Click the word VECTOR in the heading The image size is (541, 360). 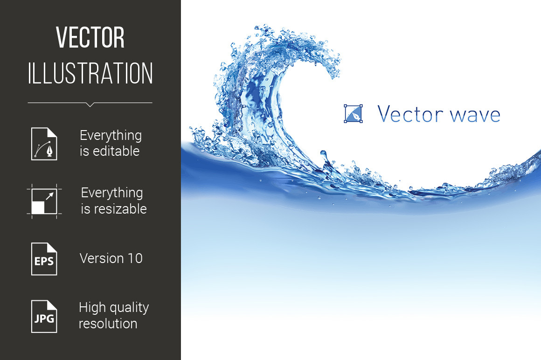point(90,37)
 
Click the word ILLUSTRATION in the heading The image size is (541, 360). point(90,73)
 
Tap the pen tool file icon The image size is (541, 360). point(44,144)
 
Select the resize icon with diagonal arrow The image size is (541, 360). point(44,201)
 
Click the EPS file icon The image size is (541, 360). point(44,259)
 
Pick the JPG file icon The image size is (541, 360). point(44,317)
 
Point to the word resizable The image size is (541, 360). point(120,208)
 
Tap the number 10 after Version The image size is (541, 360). point(135,258)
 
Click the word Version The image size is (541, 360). point(102,258)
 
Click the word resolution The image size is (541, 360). point(108,324)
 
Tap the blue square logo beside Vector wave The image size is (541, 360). point(354,114)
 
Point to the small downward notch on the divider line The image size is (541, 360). point(90,104)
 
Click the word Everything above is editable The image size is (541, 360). point(111,136)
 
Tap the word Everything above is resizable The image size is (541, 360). point(112,193)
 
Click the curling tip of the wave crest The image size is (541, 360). point(335,74)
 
